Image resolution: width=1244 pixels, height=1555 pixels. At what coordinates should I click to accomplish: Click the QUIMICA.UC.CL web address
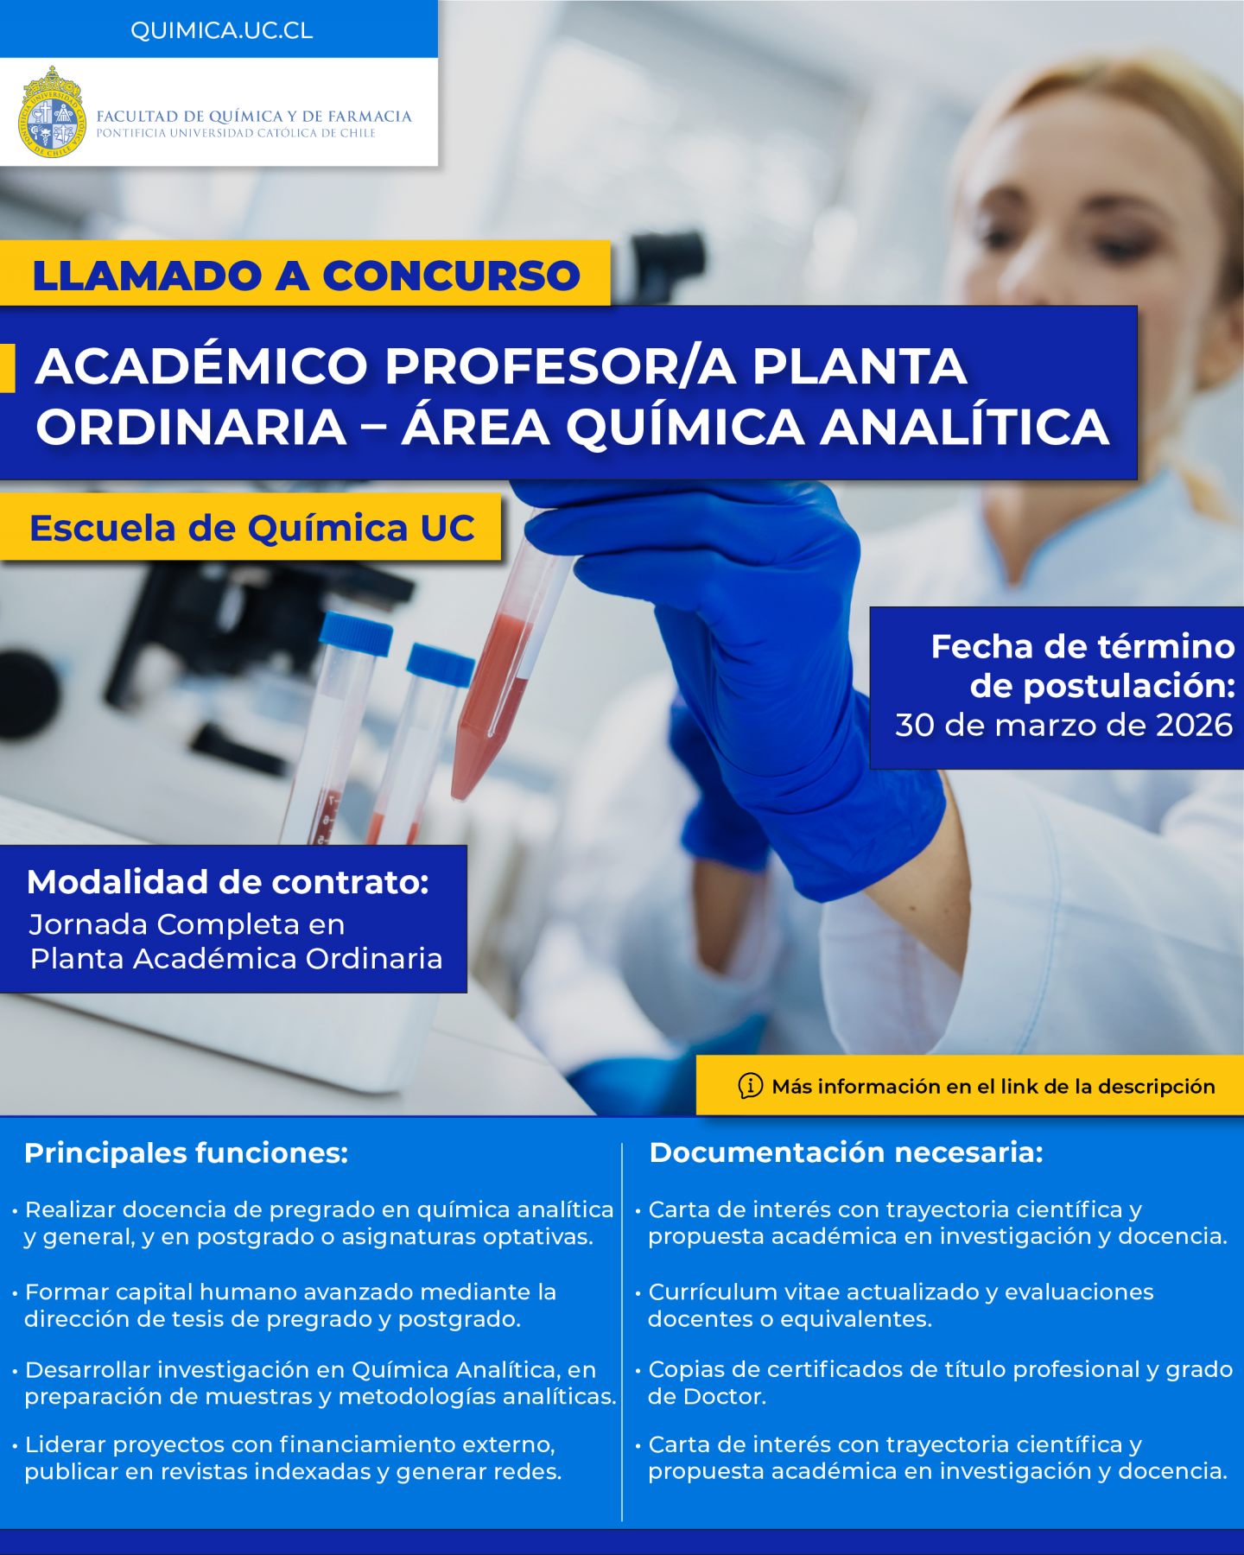pos(221,30)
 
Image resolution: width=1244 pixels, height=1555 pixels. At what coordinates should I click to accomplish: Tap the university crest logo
pos(53,112)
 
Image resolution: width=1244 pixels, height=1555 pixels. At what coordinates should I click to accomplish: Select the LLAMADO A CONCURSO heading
pos(306,276)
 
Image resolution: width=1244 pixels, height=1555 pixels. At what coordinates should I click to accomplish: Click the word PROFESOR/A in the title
pos(560,365)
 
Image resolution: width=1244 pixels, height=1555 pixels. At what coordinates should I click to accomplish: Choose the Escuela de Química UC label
pos(252,528)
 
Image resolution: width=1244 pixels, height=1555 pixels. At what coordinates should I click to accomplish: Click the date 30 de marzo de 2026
pos(1063,725)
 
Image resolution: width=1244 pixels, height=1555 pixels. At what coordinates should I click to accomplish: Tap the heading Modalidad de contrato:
pos(228,882)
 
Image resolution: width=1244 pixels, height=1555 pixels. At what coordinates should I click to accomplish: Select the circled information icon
pos(750,1085)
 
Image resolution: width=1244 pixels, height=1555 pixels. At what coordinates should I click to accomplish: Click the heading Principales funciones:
pos(187,1152)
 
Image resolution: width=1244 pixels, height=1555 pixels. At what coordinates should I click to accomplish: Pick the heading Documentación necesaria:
pos(846,1152)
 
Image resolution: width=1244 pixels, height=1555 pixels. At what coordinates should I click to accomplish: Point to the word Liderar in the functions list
pos(66,1444)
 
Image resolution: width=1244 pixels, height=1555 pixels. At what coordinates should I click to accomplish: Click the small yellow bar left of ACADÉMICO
pos(8,368)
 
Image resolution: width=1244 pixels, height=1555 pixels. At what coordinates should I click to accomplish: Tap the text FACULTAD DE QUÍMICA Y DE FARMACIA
pos(254,116)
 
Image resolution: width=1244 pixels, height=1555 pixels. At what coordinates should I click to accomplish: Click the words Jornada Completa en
pos(187,924)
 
